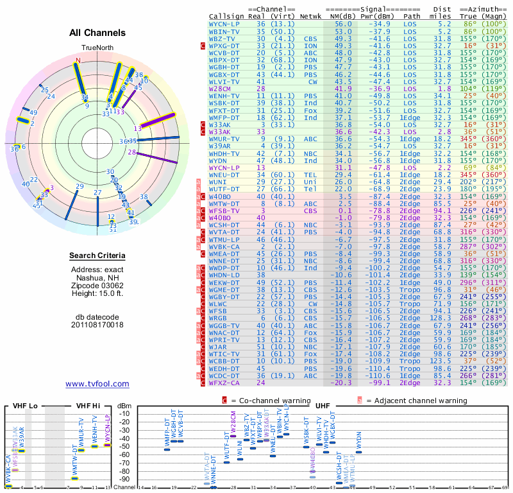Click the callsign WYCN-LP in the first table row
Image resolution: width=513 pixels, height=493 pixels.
[225, 24]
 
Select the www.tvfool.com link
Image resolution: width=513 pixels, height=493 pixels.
[97, 384]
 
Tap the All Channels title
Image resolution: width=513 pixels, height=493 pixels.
[97, 33]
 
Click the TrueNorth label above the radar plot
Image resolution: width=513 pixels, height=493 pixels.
[97, 49]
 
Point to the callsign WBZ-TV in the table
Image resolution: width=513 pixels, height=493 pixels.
[223, 39]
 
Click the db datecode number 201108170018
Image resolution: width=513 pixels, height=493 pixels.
[97, 325]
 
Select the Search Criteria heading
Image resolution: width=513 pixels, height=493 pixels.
[97, 256]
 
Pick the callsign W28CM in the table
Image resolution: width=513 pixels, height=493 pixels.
[221, 89]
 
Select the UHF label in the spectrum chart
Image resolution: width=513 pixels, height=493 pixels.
[322, 406]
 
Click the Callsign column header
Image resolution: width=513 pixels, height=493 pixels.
[226, 15]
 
